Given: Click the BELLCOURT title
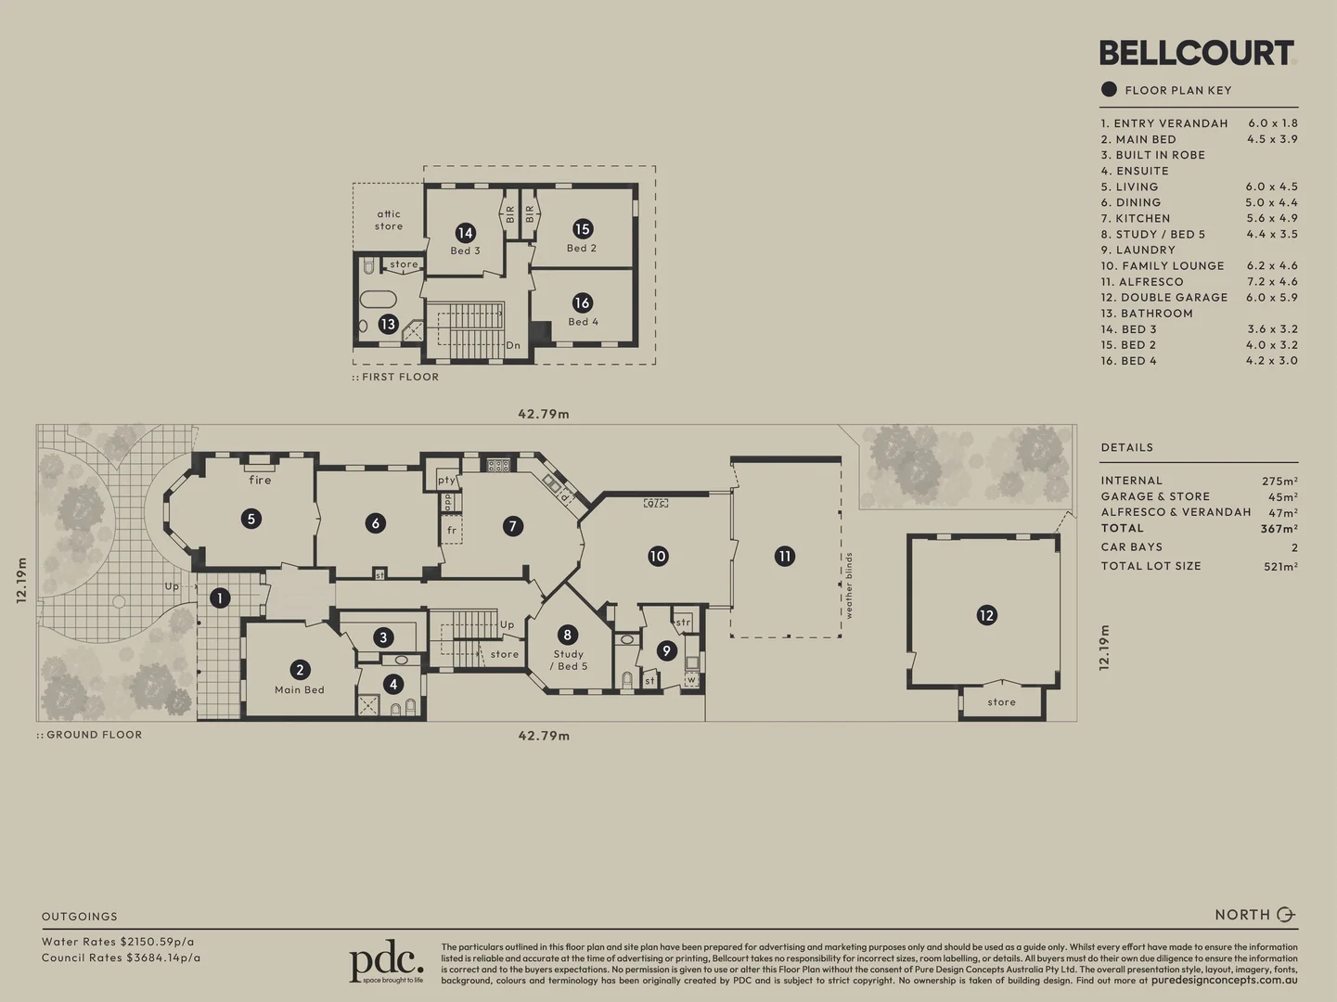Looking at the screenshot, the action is pyautogui.click(x=1196, y=53).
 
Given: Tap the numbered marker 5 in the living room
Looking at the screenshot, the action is pyautogui.click(x=251, y=519).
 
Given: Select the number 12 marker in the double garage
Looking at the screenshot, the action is pyautogui.click(x=986, y=615).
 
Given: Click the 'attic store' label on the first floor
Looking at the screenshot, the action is pyautogui.click(x=389, y=220).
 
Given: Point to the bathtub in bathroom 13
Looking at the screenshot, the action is pyautogui.click(x=377, y=300).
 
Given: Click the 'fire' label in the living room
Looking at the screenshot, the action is pyautogui.click(x=260, y=480).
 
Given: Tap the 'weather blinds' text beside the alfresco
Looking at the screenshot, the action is pyautogui.click(x=849, y=585).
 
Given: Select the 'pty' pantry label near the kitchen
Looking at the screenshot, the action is pyautogui.click(x=447, y=481).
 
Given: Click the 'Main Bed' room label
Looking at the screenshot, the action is pyautogui.click(x=300, y=690).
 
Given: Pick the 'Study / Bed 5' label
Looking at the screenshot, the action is pyautogui.click(x=568, y=660).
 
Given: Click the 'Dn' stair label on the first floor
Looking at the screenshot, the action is pyautogui.click(x=513, y=345).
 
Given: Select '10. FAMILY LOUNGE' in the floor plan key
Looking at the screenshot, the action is pyautogui.click(x=1163, y=265).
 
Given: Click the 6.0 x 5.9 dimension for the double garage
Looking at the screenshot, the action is pyautogui.click(x=1271, y=298).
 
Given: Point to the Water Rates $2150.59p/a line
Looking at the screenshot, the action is pyautogui.click(x=118, y=942).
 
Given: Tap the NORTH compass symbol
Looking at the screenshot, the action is pyautogui.click(x=1286, y=915).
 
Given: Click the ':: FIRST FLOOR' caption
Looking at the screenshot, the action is pyautogui.click(x=395, y=378).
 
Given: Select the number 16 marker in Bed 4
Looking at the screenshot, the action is pyautogui.click(x=582, y=302).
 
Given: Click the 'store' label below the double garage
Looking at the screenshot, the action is pyautogui.click(x=1001, y=702).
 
